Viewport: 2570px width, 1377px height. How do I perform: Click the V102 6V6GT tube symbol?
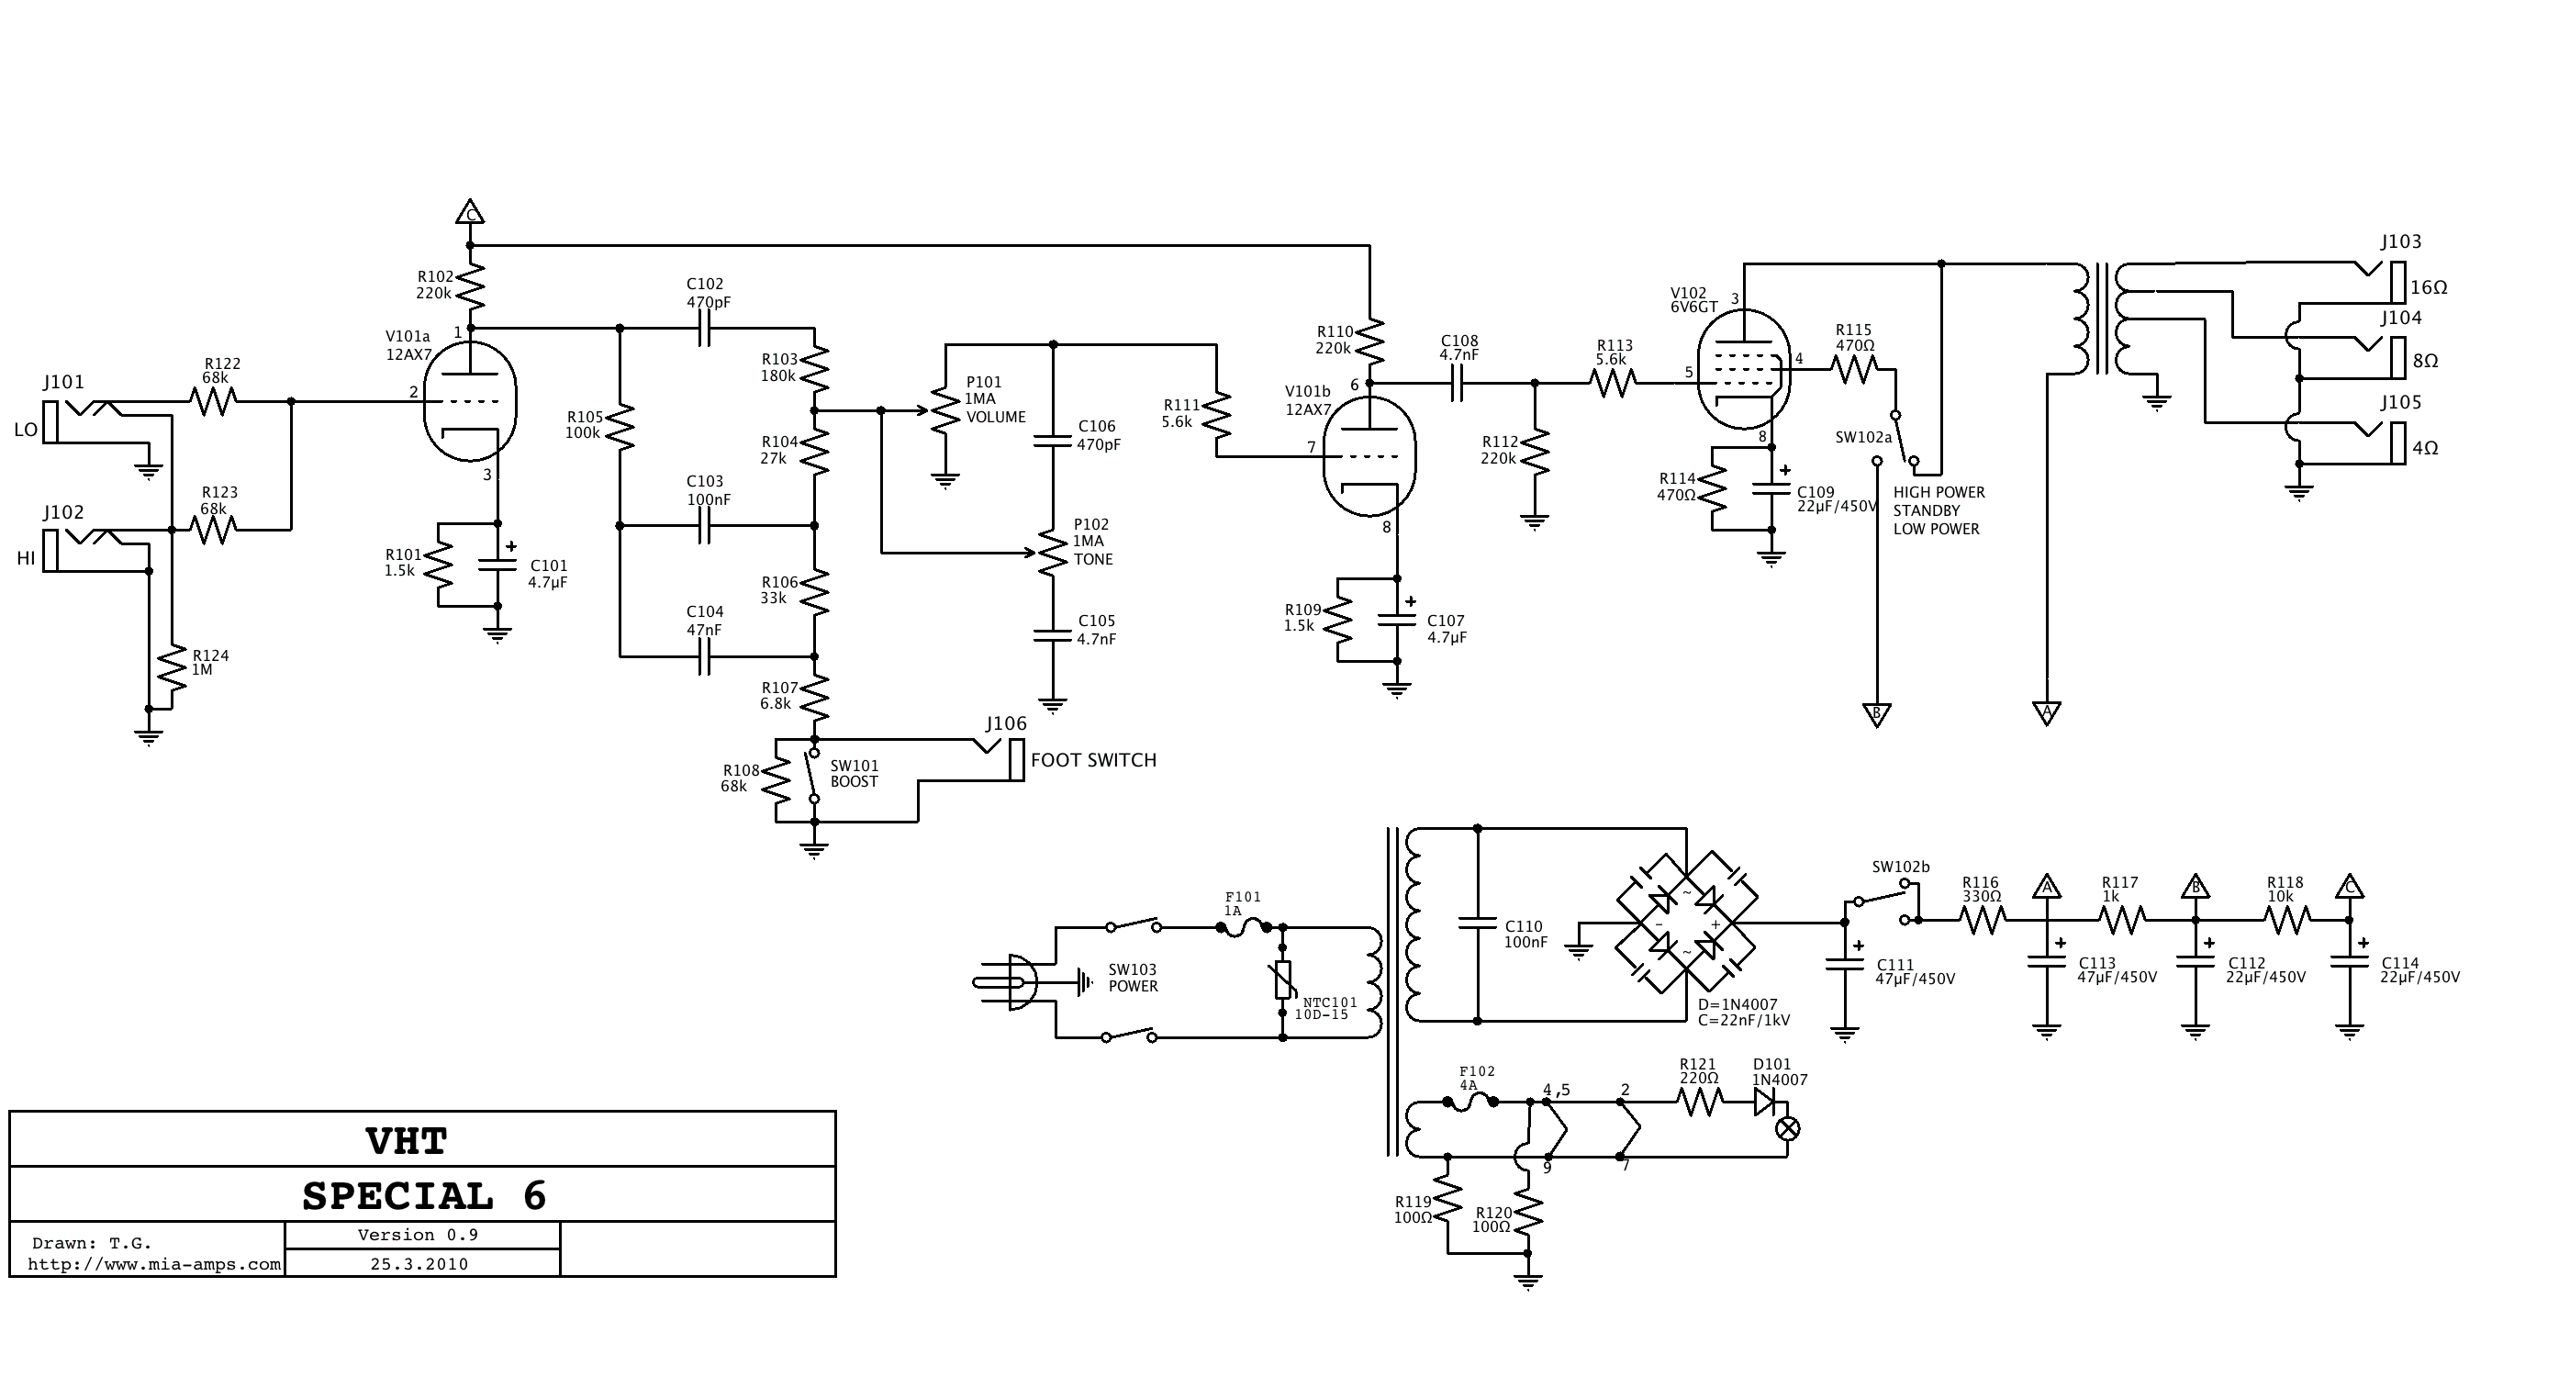1743,370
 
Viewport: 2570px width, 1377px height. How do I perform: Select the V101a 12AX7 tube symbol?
470,402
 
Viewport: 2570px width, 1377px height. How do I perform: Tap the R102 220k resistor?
470,287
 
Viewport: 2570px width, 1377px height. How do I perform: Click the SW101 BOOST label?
854,774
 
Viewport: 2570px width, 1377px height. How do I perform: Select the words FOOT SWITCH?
1093,760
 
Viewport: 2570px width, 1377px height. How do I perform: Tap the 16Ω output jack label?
2429,287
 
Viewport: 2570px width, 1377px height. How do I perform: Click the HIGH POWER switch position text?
1939,493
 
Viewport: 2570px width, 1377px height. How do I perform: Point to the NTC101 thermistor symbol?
1283,980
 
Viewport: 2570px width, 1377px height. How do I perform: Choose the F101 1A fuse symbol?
1243,927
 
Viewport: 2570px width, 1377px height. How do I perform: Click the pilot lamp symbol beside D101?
1788,1128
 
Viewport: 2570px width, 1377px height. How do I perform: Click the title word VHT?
407,1140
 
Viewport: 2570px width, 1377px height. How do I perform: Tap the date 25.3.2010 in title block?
419,1264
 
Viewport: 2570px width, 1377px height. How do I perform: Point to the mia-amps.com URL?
154,1265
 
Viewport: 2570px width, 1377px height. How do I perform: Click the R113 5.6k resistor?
1613,382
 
